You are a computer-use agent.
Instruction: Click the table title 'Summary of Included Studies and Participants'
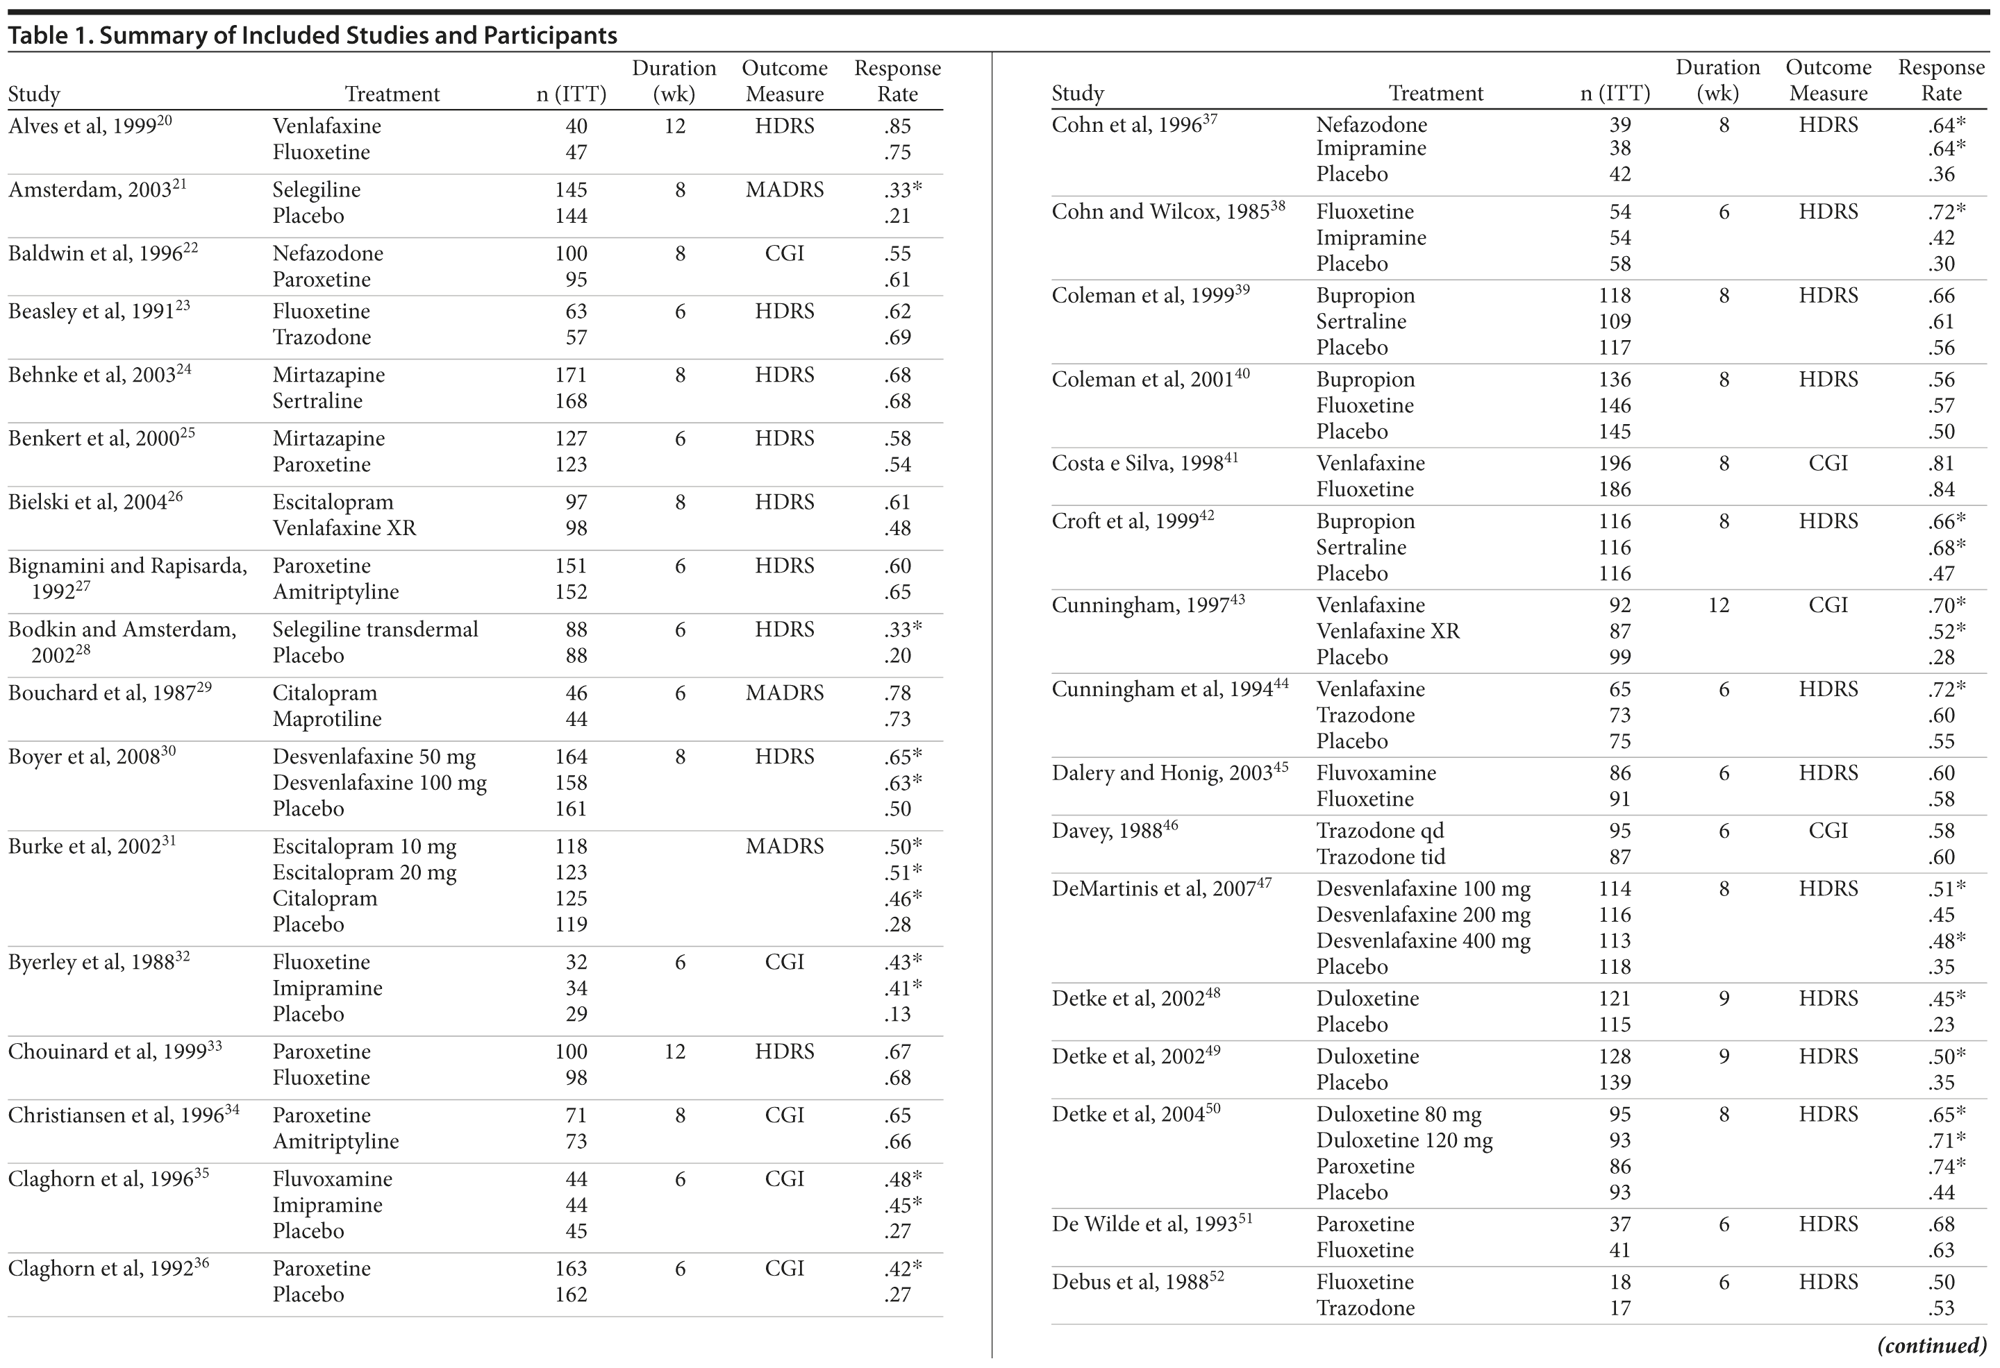click(357, 35)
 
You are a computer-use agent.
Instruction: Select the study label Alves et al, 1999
click(90, 126)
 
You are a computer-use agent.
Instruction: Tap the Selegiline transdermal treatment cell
click(375, 629)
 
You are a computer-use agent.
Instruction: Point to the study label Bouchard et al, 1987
click(109, 693)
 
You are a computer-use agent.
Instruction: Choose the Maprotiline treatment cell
click(326, 718)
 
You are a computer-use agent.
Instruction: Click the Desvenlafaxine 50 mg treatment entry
click(374, 757)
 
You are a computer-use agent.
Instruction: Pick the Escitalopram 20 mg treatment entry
click(364, 872)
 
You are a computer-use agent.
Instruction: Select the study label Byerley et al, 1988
click(98, 962)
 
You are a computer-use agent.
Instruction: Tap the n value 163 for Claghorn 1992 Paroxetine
click(571, 1268)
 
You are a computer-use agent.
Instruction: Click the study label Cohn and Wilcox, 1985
click(1168, 212)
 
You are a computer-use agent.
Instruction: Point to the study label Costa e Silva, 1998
click(1144, 463)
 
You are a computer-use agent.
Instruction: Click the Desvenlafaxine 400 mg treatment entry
click(1422, 940)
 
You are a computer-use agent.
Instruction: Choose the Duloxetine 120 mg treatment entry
click(1403, 1140)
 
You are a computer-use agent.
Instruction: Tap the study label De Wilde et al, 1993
click(1151, 1224)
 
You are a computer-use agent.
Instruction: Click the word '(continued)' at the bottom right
click(1931, 1345)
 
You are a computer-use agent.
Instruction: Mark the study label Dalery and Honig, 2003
click(1169, 772)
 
